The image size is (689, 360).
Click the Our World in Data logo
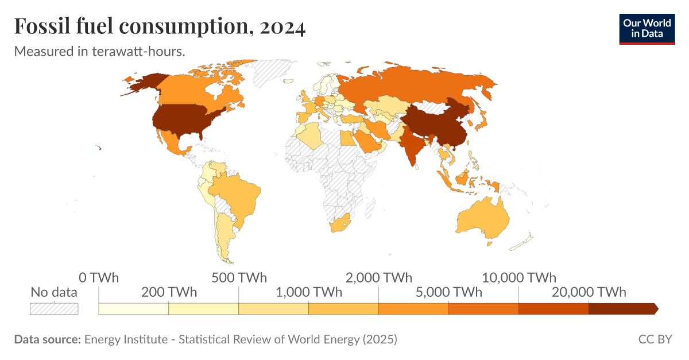coord(647,28)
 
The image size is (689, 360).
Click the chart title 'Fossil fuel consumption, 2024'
coord(160,27)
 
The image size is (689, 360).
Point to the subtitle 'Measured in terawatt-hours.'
coord(99,51)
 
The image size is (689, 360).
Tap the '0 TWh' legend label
coord(99,278)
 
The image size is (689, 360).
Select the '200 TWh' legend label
coord(168,292)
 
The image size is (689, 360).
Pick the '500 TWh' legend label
coord(239,278)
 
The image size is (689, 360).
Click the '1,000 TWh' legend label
coord(309,292)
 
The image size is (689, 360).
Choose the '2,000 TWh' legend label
coord(379,278)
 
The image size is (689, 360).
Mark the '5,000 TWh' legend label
coord(448,292)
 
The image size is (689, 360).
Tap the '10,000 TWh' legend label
coord(518,278)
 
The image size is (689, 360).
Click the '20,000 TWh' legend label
coord(589,292)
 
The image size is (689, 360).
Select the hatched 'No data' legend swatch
coord(54,309)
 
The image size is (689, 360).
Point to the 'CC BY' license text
coord(655,339)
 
